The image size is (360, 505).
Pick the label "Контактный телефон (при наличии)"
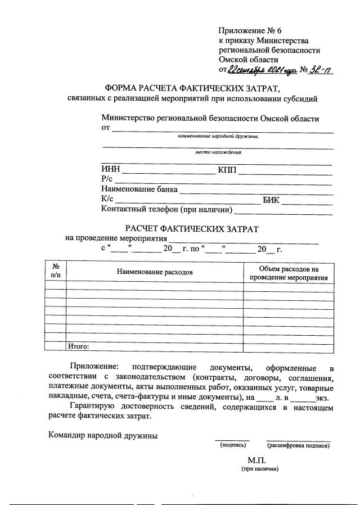166,210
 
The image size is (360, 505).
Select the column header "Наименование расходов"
155,272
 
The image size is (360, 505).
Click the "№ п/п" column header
56,271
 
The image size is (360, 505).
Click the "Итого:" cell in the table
79,346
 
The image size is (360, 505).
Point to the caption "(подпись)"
232,445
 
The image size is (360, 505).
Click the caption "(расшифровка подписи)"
298,445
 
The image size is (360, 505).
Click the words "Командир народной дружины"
103,435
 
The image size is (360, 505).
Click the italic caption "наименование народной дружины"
218,136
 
